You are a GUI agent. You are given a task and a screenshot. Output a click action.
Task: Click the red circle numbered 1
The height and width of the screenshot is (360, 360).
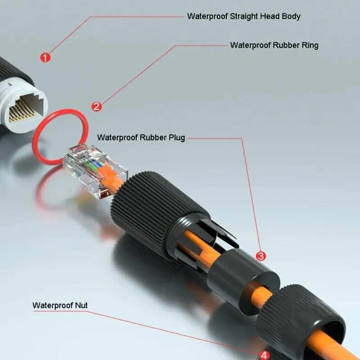point(45,57)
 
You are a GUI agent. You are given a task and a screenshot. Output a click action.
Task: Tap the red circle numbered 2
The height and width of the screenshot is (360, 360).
point(97,106)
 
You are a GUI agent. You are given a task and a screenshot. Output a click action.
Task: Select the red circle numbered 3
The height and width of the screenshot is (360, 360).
point(261,256)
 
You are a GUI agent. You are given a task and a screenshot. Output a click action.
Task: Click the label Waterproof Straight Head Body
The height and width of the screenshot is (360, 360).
point(243,16)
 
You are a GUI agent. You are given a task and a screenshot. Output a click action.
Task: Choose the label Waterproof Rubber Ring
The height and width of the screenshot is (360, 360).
point(274,45)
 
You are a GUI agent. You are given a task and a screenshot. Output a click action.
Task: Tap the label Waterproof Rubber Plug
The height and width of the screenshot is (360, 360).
point(141,137)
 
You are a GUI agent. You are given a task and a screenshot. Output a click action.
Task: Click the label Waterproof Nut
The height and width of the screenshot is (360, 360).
point(60,306)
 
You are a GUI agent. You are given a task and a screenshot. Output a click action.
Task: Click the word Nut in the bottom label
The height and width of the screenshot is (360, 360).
point(81,306)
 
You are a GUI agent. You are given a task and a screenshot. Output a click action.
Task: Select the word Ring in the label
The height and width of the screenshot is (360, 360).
point(310,45)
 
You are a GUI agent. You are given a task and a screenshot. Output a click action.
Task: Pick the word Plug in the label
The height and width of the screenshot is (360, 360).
point(176,137)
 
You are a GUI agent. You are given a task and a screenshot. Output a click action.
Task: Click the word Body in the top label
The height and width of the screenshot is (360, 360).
point(291,16)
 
